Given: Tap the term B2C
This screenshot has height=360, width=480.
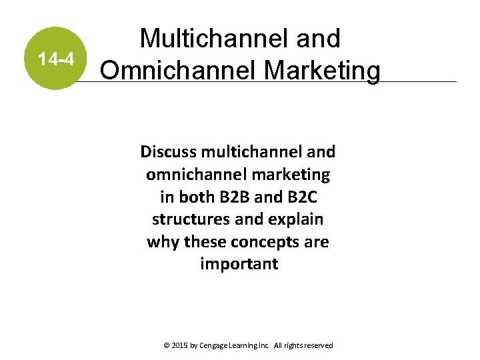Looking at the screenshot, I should pos(295,197).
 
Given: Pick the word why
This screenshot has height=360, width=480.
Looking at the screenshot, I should pos(161,241).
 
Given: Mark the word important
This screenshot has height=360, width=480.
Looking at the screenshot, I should pos(239,264).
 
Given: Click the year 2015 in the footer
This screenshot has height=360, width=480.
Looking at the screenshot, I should pos(180,345).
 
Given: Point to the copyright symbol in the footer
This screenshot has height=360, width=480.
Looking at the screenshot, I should pos(166,345).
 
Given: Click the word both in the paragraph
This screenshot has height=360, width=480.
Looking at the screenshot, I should pos(193,197).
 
